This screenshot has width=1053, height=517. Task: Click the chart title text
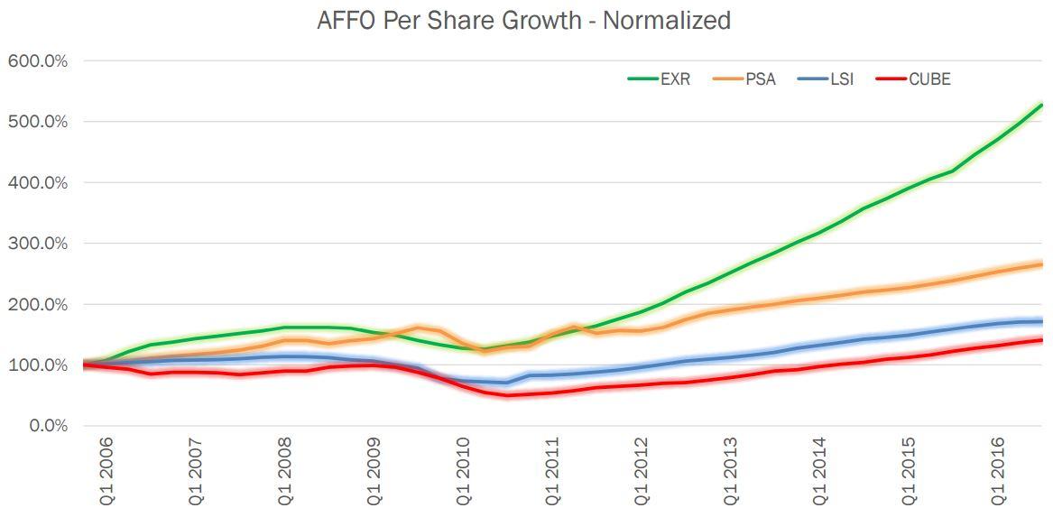[x=523, y=20]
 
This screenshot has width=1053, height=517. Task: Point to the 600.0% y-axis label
[x=38, y=60]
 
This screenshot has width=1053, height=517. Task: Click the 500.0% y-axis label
[x=38, y=122]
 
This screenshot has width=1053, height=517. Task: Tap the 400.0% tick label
[x=38, y=182]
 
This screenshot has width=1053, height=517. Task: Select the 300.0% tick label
[x=38, y=244]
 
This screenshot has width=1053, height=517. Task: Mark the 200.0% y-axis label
[x=38, y=304]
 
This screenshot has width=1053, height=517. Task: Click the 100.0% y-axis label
[x=38, y=365]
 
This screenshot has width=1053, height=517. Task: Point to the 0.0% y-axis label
[x=44, y=426]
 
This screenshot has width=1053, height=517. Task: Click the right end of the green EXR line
[x=1041, y=106]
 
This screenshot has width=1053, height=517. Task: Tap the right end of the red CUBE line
[x=1041, y=340]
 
